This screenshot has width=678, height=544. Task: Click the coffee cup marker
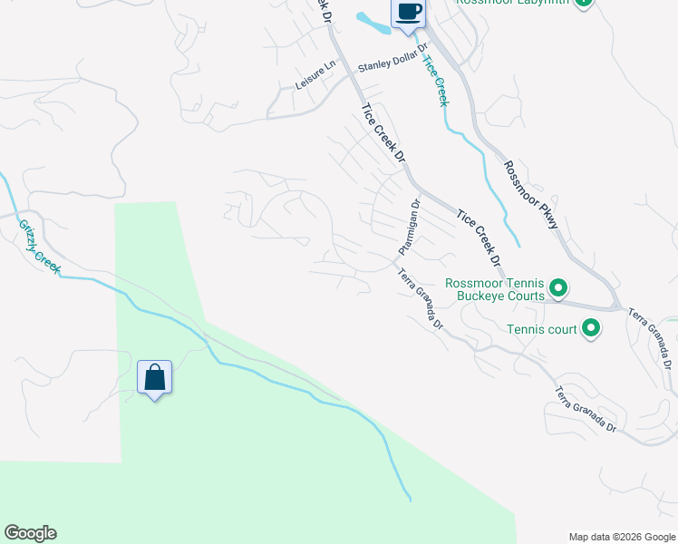(x=408, y=13)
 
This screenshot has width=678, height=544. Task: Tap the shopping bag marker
(x=154, y=377)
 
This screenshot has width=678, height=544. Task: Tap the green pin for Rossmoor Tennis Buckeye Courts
(x=559, y=289)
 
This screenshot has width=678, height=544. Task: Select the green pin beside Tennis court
(x=591, y=328)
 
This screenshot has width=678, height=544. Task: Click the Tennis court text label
(x=542, y=329)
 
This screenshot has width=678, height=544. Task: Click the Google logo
(x=30, y=533)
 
